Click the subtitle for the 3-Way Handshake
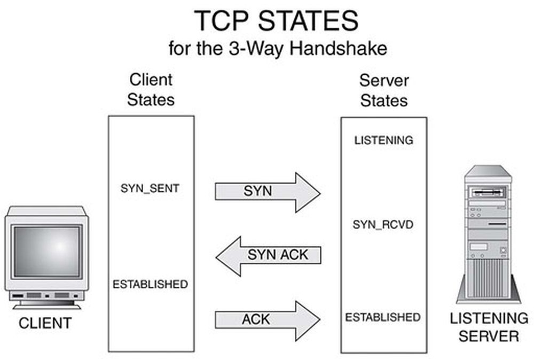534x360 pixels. point(277,49)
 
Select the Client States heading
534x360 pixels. point(151,90)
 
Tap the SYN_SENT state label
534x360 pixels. point(150,188)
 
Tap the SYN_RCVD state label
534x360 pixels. point(383,225)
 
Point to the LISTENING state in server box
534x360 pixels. point(383,140)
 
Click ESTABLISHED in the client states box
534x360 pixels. point(150,284)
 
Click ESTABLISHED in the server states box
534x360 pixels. point(382,317)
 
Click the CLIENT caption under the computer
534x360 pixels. point(45,323)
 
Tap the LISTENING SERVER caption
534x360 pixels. point(489,327)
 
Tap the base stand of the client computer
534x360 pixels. point(47,305)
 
